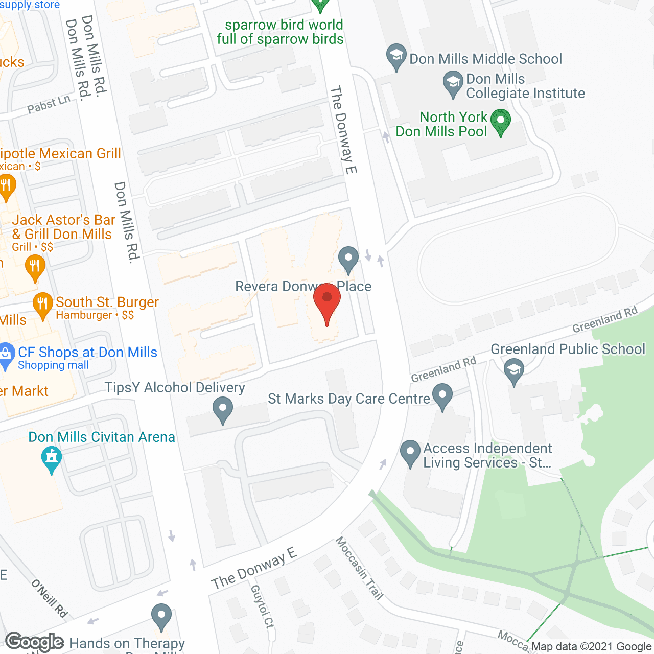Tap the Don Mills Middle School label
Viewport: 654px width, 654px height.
click(485, 59)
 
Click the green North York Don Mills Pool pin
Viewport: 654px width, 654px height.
click(500, 122)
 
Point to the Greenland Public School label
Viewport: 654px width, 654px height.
click(568, 349)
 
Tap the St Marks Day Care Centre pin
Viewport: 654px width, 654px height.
click(442, 396)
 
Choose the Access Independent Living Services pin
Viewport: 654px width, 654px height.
click(410, 453)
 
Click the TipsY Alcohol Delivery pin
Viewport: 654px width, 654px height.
click(223, 410)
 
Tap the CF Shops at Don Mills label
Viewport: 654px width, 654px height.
click(87, 352)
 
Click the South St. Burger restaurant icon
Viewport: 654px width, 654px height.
click(43, 305)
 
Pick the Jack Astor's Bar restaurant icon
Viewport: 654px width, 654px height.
click(35, 267)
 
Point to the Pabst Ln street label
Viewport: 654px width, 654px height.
click(49, 104)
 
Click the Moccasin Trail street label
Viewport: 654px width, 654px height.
click(359, 568)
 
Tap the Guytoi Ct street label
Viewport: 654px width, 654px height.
click(263, 606)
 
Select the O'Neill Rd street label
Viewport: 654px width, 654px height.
click(49, 598)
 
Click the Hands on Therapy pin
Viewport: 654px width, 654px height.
click(161, 617)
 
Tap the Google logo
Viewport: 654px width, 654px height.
click(34, 642)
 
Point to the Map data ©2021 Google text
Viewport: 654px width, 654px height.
click(591, 647)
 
